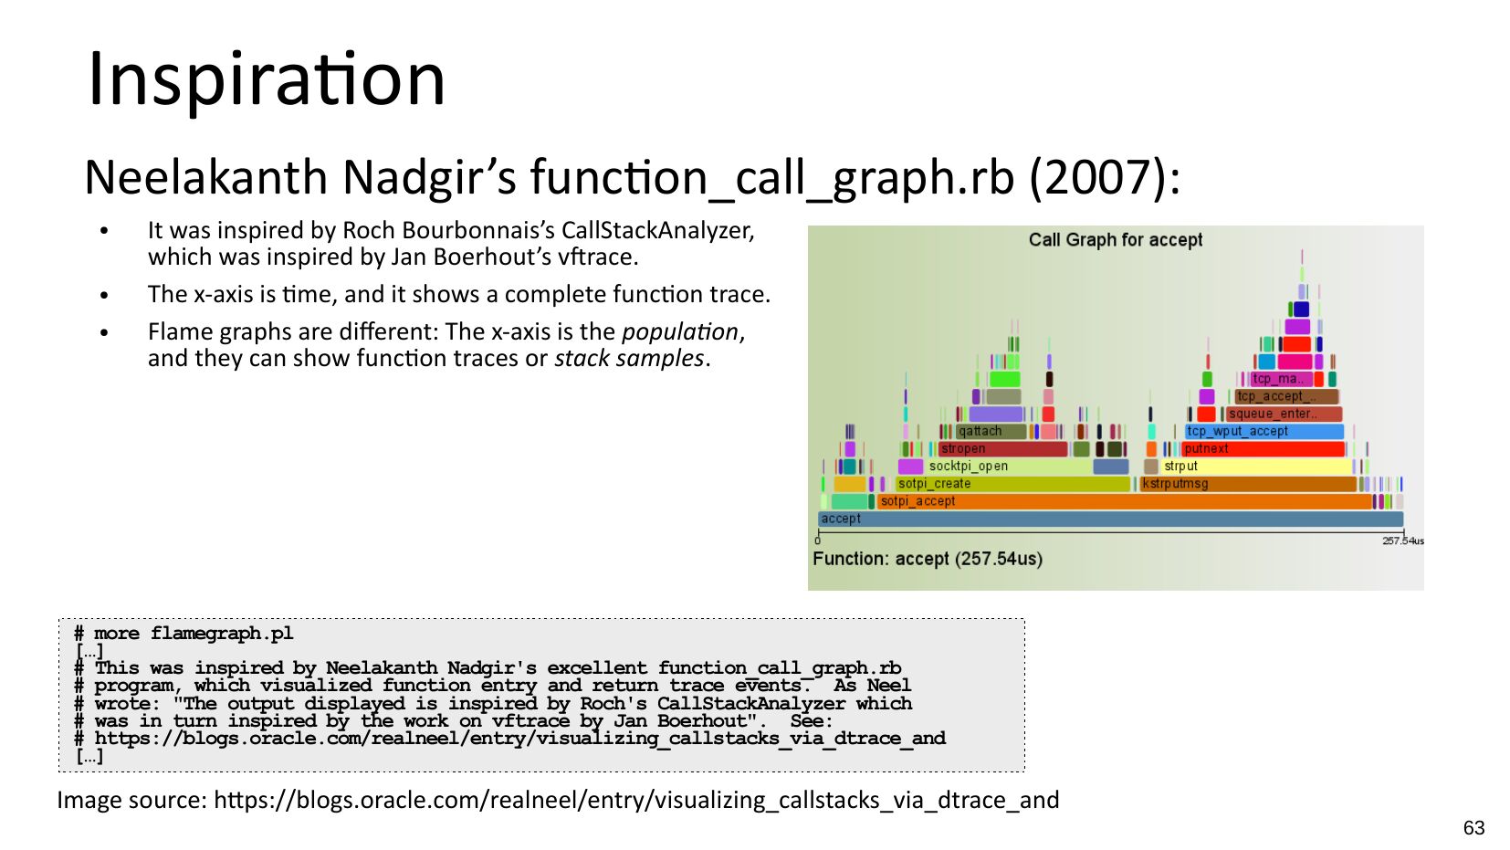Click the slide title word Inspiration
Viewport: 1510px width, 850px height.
[267, 79]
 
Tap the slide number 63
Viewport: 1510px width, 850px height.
[1473, 828]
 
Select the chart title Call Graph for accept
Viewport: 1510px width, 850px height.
[1115, 240]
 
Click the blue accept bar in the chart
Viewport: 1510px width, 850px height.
[1110, 519]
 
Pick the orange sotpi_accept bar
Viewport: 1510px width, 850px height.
[1125, 501]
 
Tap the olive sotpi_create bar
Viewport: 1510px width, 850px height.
[1012, 483]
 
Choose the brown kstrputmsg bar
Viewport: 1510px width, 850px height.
[1248, 483]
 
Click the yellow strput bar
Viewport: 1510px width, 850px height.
[1256, 466]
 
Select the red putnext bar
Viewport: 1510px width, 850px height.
[1264, 448]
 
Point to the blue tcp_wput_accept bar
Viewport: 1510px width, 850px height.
[1264, 431]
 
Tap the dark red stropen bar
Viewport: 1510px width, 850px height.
[1003, 448]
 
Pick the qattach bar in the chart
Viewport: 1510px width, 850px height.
[991, 431]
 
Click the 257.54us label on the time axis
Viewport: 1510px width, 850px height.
[1403, 540]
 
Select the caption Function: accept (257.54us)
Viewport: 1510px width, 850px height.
[928, 559]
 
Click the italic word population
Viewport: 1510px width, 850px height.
[680, 331]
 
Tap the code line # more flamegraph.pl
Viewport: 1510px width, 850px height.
[184, 634]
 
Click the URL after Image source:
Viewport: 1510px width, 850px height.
[636, 800]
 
